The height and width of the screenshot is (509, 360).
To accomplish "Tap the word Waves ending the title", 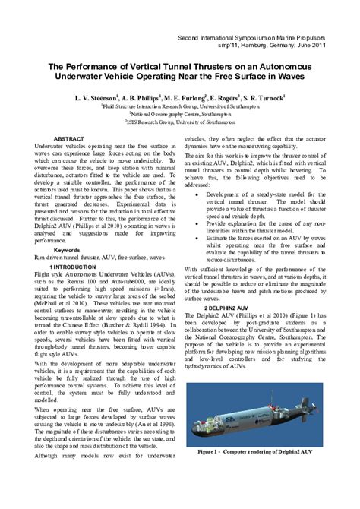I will pyautogui.click(x=297, y=77).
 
